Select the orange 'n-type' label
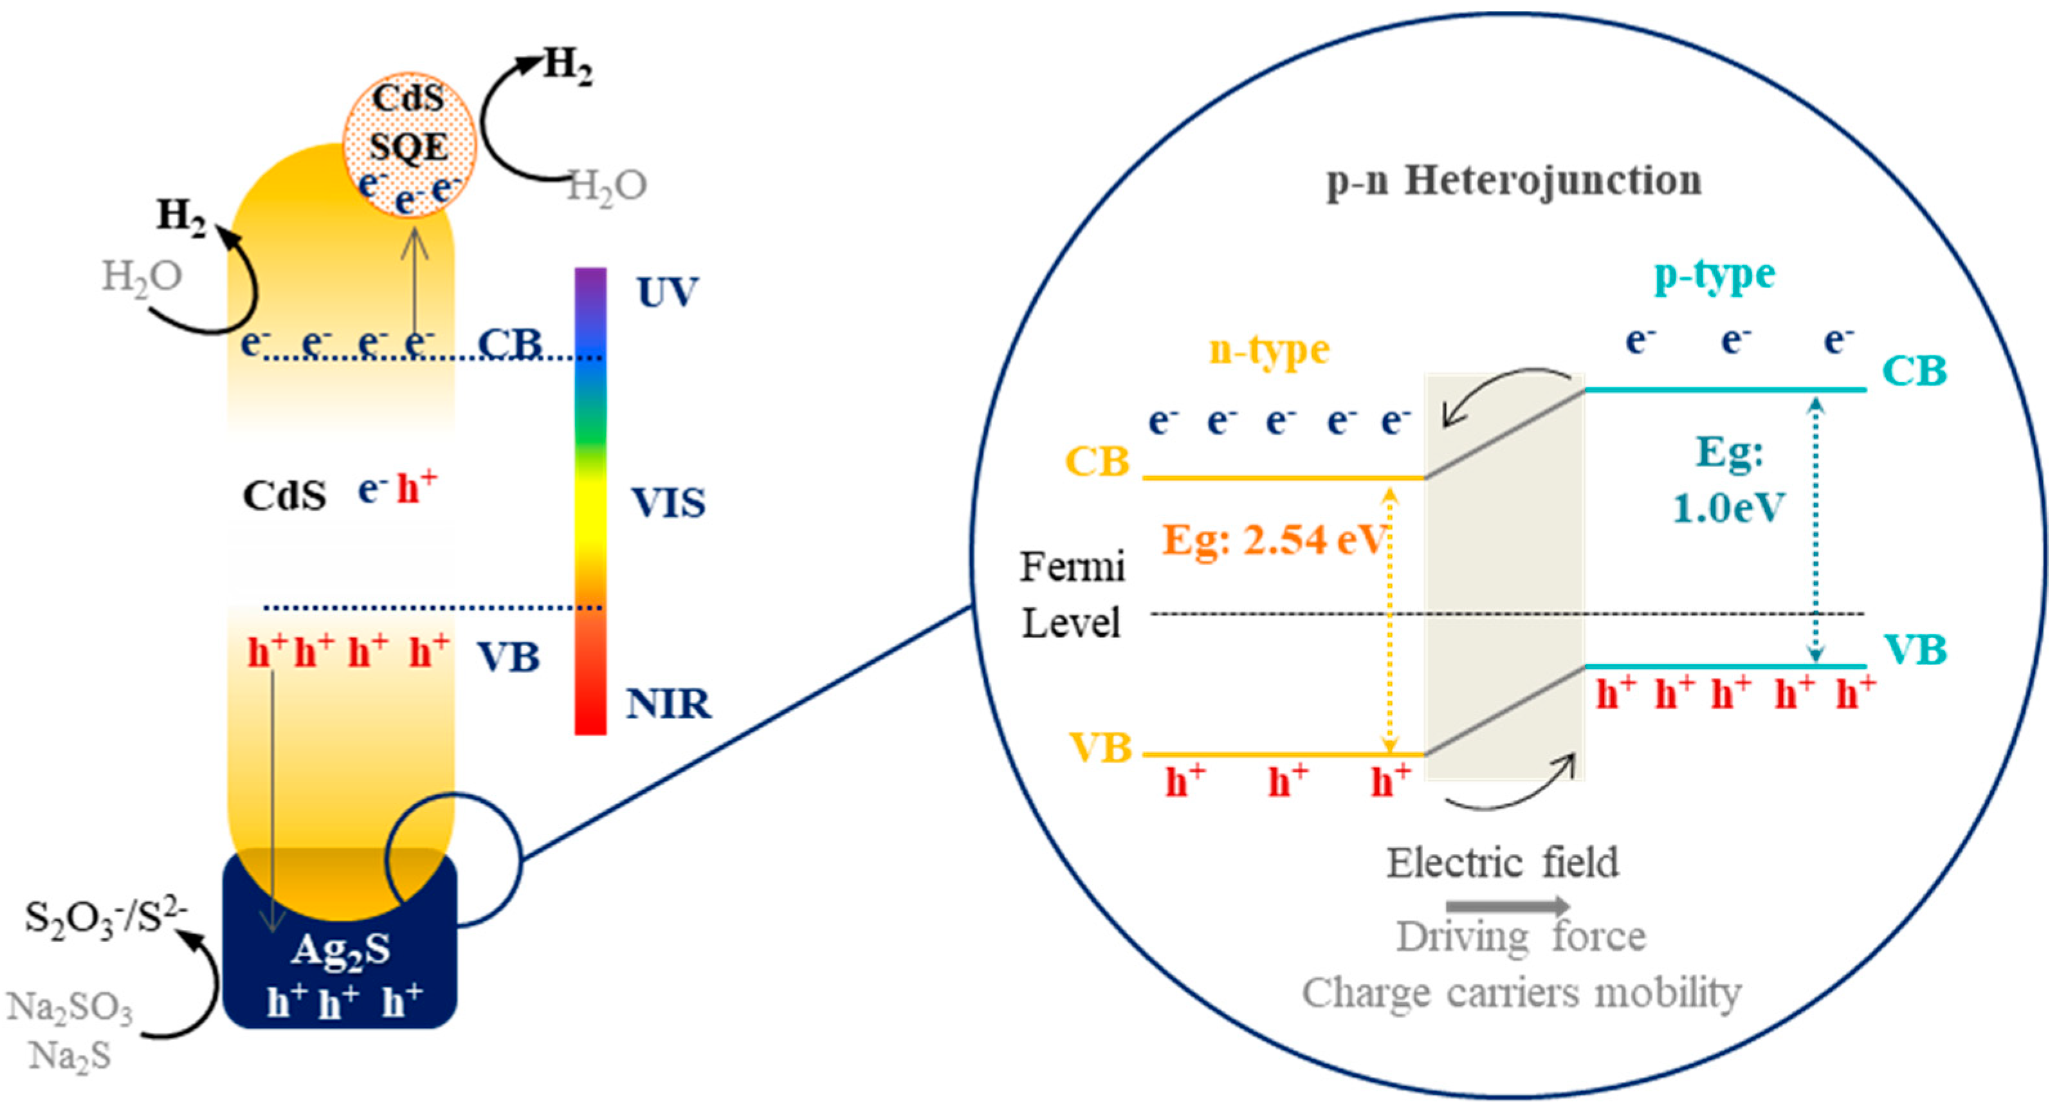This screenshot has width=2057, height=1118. tap(1269, 350)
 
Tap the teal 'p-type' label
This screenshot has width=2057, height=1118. tap(1714, 275)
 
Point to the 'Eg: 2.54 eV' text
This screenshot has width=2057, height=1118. tap(1275, 540)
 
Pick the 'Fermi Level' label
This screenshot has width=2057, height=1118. tap(1072, 595)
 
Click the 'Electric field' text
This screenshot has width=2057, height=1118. tap(1502, 863)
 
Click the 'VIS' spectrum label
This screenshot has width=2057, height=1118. tap(668, 503)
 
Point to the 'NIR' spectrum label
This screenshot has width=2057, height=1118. tap(668, 704)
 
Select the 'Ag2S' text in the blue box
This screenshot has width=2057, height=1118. tap(341, 950)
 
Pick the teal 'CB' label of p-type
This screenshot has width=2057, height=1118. tap(1914, 371)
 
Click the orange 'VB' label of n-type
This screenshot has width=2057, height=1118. tap(1099, 749)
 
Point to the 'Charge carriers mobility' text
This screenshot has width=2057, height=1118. tap(1521, 993)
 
